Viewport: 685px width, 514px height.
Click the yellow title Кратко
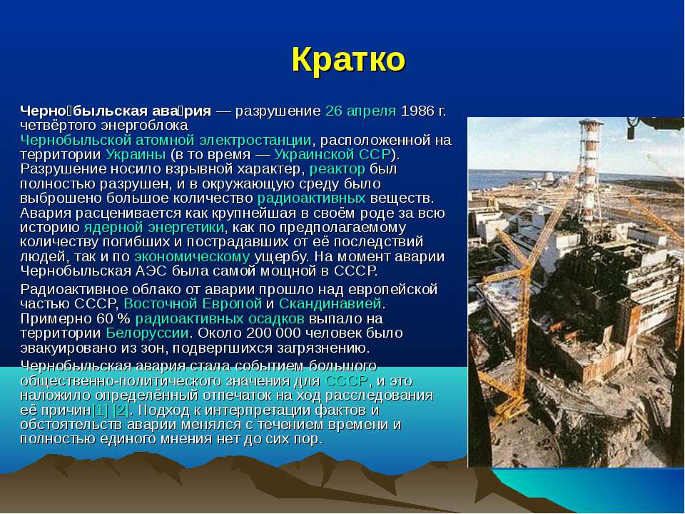348,59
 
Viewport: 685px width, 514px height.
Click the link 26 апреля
361,111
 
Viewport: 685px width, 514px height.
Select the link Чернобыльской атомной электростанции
166,141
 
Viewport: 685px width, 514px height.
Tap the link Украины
136,155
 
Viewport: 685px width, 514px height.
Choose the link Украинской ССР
332,155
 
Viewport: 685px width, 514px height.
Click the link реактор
338,169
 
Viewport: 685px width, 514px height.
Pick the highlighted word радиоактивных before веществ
312,198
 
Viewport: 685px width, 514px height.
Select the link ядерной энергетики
154,228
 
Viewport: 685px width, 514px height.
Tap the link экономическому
192,256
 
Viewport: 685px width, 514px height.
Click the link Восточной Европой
193,303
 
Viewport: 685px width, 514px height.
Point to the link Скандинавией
330,303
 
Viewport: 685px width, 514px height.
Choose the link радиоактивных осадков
220,318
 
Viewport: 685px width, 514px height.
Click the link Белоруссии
147,333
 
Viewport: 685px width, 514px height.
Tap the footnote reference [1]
100,410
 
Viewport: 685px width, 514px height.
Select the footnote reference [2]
121,410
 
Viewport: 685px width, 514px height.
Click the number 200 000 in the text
273,333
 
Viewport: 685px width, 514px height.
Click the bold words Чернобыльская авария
116,111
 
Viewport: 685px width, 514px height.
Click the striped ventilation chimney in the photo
591,171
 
